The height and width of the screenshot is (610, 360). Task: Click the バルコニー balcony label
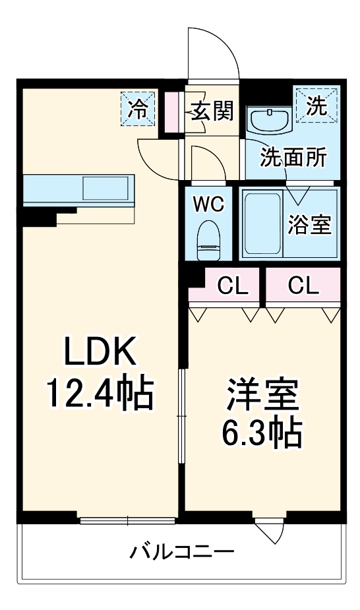point(181,551)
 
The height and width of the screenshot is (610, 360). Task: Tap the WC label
point(208,204)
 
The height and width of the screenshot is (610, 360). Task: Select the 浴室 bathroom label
point(309,225)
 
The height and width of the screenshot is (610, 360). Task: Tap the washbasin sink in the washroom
point(269,121)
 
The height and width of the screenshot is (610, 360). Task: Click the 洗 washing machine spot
point(316,107)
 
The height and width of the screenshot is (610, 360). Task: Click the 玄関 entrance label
point(212,111)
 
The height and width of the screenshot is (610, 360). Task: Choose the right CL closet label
point(303,286)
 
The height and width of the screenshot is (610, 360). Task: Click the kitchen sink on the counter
point(106,189)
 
